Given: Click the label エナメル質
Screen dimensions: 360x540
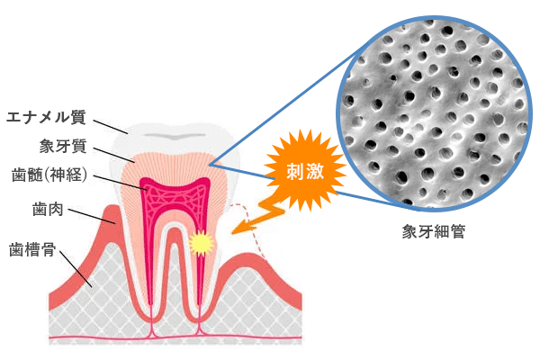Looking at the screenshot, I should tap(46, 116).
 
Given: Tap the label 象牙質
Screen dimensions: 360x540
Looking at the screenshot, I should tap(62, 145).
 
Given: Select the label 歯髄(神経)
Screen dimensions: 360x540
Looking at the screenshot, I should tap(49, 174).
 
